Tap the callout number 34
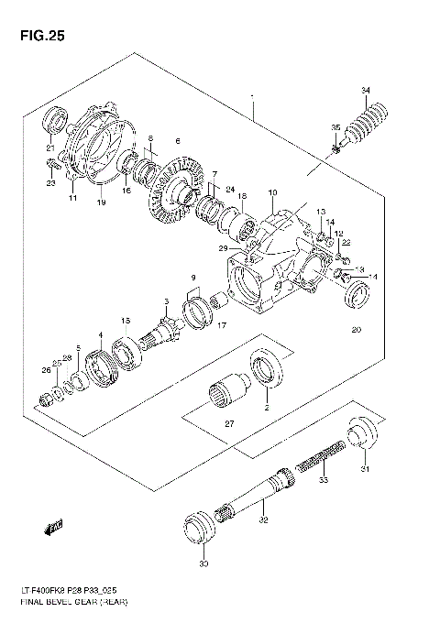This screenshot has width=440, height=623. point(367,89)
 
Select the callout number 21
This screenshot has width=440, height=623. point(50,147)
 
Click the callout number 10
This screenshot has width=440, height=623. point(272,192)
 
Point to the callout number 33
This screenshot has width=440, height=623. point(323,480)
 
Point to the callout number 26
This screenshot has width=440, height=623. point(46,370)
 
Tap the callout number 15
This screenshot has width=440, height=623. point(126,319)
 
